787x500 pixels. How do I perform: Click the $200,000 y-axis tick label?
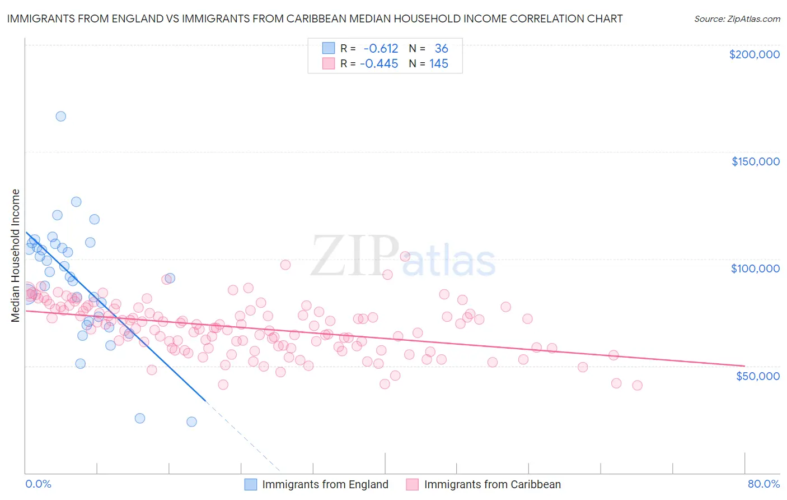[x=754, y=54]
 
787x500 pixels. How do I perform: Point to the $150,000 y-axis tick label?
[x=755, y=161]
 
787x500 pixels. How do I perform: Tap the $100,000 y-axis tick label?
[x=755, y=268]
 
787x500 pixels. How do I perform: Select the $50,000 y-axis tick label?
[x=757, y=376]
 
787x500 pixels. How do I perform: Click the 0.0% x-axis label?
[x=38, y=484]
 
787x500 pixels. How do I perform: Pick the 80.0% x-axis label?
[x=763, y=484]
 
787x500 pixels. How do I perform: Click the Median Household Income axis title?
[x=15, y=256]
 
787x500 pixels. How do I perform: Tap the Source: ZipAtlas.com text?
[x=737, y=19]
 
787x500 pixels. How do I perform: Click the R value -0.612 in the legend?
[x=381, y=49]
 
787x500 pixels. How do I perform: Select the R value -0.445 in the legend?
[x=379, y=64]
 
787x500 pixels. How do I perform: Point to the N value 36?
[x=441, y=49]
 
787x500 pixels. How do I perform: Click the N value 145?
[x=439, y=64]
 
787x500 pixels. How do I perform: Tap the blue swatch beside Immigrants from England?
[x=251, y=484]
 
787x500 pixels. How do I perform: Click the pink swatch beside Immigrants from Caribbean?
[x=413, y=484]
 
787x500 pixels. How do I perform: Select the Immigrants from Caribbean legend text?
[x=492, y=484]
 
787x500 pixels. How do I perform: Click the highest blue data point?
[x=60, y=117]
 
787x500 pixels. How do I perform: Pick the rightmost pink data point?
[x=637, y=385]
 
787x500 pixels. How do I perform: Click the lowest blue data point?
[x=191, y=422]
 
